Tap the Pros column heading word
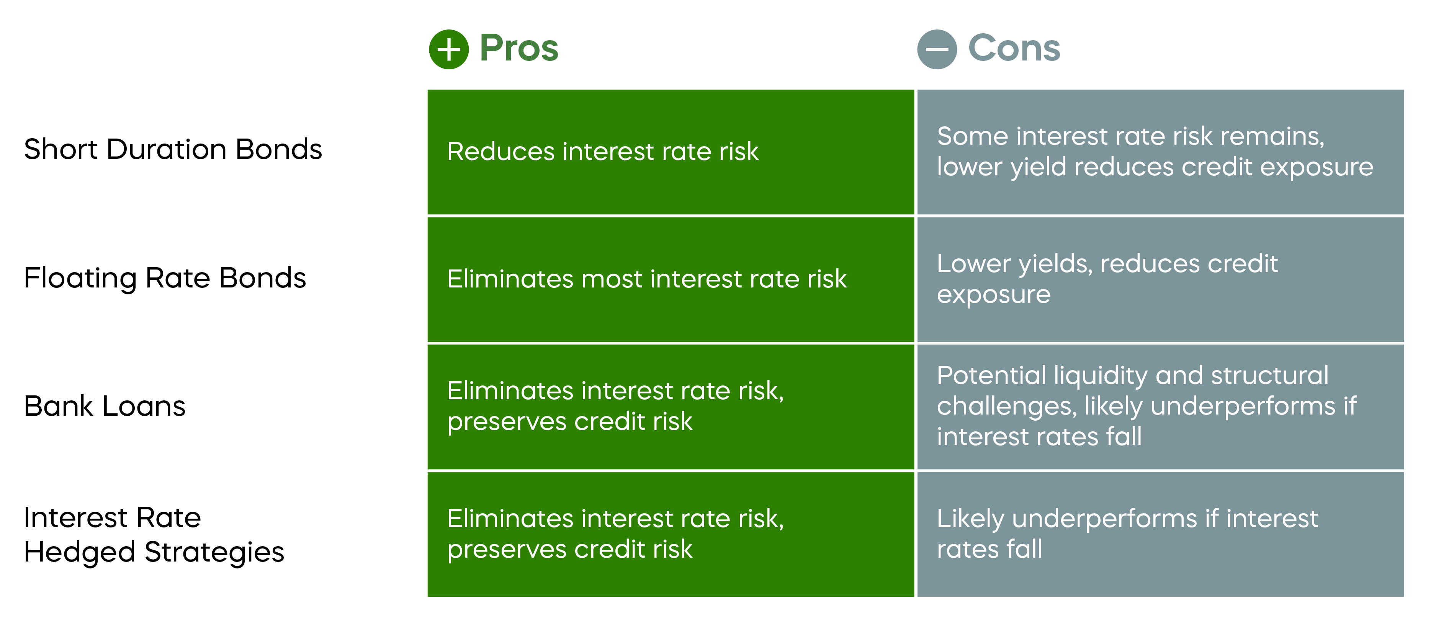tap(518, 49)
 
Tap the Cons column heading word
tap(1014, 49)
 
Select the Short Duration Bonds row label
tap(173, 149)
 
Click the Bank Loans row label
tap(105, 406)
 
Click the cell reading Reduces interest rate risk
tap(671, 152)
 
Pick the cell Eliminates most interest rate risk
tap(671, 279)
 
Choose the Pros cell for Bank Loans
tap(671, 407)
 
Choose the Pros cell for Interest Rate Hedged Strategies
tap(671, 534)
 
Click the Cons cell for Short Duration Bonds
tap(1160, 152)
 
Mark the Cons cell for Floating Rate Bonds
tap(1160, 279)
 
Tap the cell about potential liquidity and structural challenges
tap(1160, 407)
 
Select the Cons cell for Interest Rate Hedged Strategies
tap(1160, 534)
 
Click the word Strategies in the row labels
tap(214, 552)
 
